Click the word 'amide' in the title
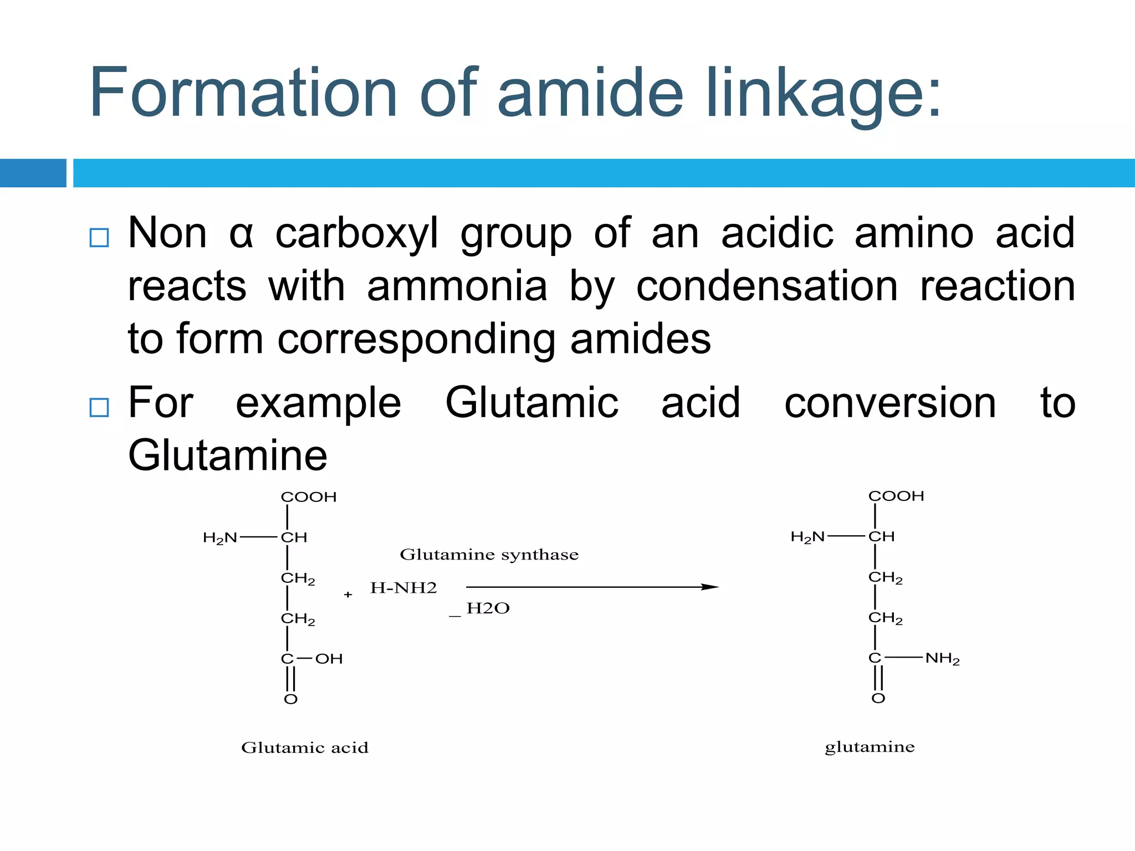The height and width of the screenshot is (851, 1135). (590, 93)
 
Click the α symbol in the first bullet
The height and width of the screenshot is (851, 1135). (241, 234)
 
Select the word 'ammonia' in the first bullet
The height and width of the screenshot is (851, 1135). (457, 286)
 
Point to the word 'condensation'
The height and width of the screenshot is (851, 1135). (767, 286)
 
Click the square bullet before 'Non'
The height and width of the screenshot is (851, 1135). (99, 238)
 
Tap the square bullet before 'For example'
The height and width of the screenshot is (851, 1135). (99, 407)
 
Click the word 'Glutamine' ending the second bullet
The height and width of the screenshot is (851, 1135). (228, 455)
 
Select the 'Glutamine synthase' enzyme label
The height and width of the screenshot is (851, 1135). (489, 555)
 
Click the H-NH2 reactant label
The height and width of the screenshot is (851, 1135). (403, 588)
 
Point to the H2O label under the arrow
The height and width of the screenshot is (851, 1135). (488, 608)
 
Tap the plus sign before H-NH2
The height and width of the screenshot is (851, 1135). (348, 594)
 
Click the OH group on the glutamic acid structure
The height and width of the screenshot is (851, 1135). (329, 659)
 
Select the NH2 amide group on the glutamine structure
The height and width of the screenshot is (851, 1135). (942, 658)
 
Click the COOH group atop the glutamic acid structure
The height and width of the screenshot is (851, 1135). (309, 497)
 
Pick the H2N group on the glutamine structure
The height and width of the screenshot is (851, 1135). (807, 537)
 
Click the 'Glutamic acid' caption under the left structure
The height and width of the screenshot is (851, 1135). (305, 748)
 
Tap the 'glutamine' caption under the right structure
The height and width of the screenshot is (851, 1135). (870, 747)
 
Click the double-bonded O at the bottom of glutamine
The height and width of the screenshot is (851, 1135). (878, 698)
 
